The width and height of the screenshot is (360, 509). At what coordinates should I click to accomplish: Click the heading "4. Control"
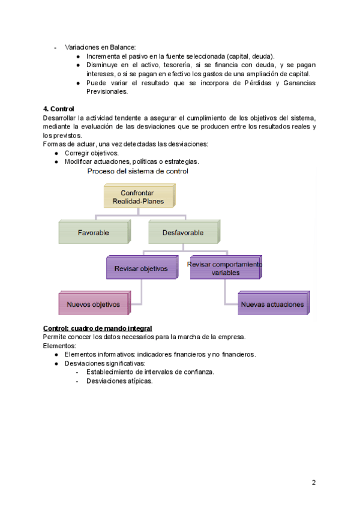[x=58, y=109]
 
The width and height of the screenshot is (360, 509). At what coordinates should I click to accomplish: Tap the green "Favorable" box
[x=93, y=232]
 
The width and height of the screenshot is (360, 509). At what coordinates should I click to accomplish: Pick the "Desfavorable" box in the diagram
[x=182, y=232]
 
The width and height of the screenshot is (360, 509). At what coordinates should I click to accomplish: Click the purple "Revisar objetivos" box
[x=141, y=268]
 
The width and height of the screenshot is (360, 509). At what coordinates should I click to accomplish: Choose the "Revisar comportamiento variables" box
[x=225, y=268]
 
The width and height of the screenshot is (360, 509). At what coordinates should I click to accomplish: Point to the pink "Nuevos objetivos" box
[x=93, y=304]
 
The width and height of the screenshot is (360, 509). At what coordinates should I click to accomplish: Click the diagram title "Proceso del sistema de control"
[x=138, y=171]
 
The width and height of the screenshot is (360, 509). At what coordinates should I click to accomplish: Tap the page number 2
[x=313, y=483]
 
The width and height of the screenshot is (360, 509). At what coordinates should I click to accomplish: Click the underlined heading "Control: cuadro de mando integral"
[x=98, y=328]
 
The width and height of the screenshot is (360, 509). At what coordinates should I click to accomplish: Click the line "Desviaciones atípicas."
[x=119, y=381]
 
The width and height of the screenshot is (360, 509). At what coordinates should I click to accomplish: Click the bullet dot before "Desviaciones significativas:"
[x=56, y=363]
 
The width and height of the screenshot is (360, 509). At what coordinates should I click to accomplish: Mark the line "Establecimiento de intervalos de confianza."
[x=150, y=372]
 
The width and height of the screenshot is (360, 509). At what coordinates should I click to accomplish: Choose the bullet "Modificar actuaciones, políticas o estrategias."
[x=132, y=161]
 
